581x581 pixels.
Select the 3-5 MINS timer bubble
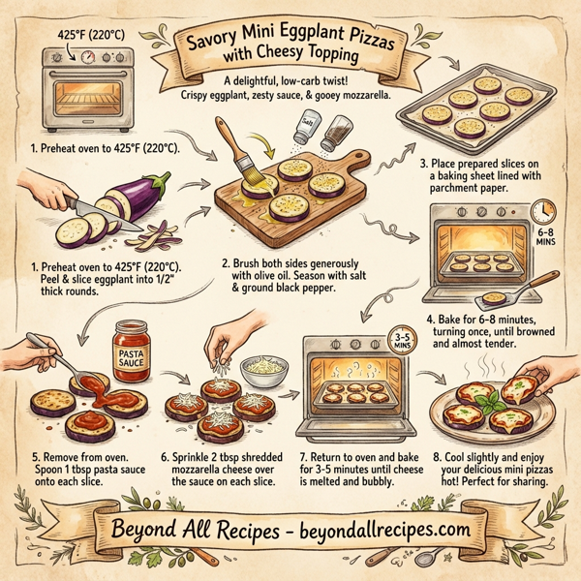click(x=398, y=340)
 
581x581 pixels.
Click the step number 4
click(x=430, y=320)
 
